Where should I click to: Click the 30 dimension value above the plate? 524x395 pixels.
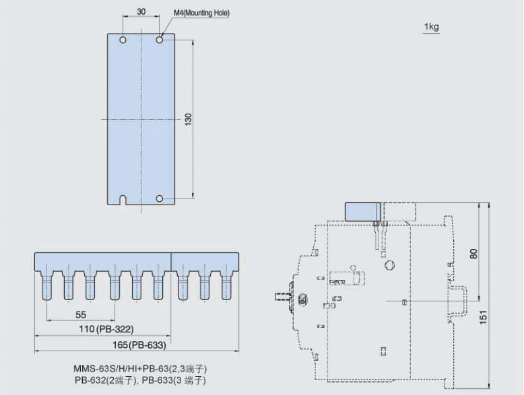pos(141,11)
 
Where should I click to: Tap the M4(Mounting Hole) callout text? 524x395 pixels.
pos(201,13)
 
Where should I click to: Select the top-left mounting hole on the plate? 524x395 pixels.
pos(123,40)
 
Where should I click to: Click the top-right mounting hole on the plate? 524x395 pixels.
pos(160,40)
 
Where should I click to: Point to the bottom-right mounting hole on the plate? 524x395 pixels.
pos(160,199)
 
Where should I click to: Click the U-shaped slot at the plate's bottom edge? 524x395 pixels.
pos(123,200)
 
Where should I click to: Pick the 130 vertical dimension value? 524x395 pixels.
pos(189,119)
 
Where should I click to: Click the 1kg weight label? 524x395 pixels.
pos(432,26)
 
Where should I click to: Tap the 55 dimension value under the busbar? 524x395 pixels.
pos(81,315)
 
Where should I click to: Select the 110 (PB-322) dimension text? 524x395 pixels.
pos(106,329)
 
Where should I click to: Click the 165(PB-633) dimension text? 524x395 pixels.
pos(139,345)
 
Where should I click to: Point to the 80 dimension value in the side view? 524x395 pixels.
pos(474,254)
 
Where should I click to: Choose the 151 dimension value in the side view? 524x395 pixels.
pos(484,317)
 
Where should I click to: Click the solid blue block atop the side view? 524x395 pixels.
pos(362,212)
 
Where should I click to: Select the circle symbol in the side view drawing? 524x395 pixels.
pos(390,265)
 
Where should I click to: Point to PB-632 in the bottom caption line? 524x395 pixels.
pos(90,380)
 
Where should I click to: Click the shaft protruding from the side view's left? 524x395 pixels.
pos(282,297)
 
